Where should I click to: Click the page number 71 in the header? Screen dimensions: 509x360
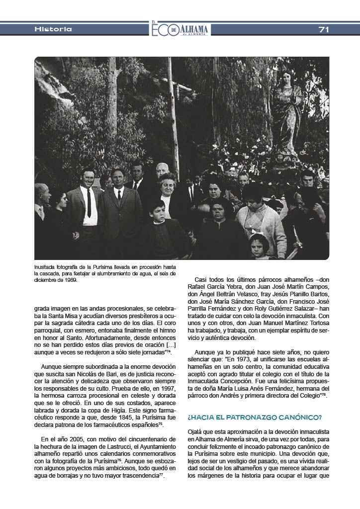pos(324,29)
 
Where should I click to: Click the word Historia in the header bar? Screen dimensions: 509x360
pos(53,29)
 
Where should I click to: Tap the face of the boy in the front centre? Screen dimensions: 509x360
pos(158,208)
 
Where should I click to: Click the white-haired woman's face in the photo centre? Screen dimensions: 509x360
pos(168,184)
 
